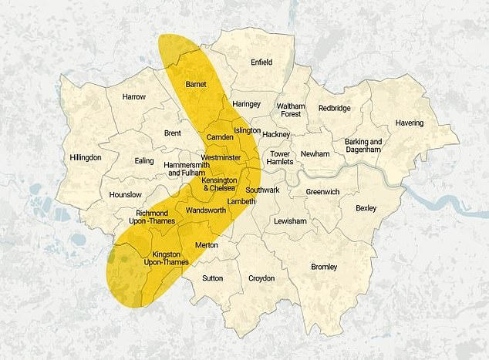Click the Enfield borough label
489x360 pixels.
click(x=261, y=62)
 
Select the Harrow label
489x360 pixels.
click(x=133, y=97)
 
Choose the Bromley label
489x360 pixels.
click(x=323, y=267)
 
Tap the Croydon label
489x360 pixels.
click(x=261, y=278)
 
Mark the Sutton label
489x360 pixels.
click(x=212, y=278)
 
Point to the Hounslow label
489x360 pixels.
click(x=125, y=195)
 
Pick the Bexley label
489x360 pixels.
click(x=366, y=208)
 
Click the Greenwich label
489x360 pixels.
click(x=322, y=191)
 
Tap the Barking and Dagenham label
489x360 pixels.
click(x=364, y=146)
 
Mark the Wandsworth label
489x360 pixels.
click(x=205, y=210)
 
